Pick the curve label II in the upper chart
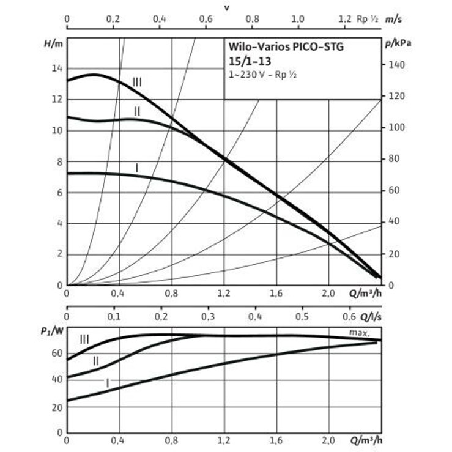coord(137,111)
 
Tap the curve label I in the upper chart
coord(136,167)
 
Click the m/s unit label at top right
coord(394,19)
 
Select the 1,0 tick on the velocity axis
coord(298,19)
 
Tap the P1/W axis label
coord(51,331)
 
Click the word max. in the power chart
coord(359,332)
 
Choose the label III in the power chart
coord(84,339)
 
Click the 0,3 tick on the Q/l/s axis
coord(209,317)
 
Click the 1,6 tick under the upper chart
coord(278,294)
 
